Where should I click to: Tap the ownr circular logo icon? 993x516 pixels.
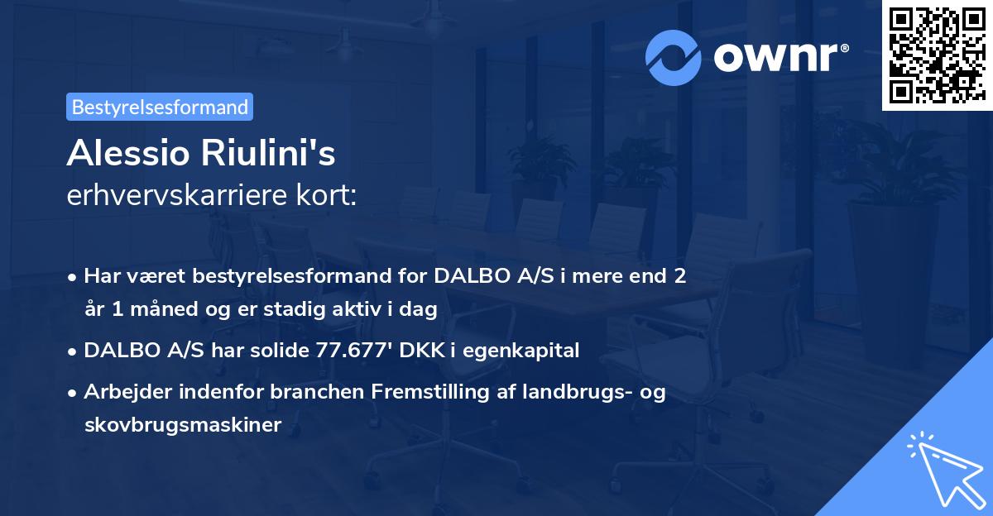[x=673, y=58]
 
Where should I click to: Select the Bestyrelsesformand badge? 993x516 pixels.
[x=160, y=107]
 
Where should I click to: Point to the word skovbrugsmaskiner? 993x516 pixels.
[x=183, y=425]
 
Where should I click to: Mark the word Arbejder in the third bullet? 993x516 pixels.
[x=122, y=392]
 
